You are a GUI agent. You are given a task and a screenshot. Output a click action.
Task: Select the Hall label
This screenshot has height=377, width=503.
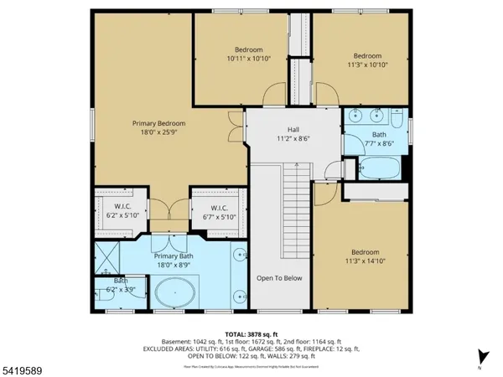pos(293,130)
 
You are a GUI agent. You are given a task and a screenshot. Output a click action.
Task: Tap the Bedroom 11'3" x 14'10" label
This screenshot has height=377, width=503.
pos(365,252)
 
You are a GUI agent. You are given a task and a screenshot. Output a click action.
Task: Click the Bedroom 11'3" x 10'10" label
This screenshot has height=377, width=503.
pos(366,50)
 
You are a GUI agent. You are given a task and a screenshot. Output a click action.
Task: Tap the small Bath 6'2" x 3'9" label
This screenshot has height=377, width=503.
pos(120,286)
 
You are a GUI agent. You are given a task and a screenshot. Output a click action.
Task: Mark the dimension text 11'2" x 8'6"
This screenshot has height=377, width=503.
pos(293,139)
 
